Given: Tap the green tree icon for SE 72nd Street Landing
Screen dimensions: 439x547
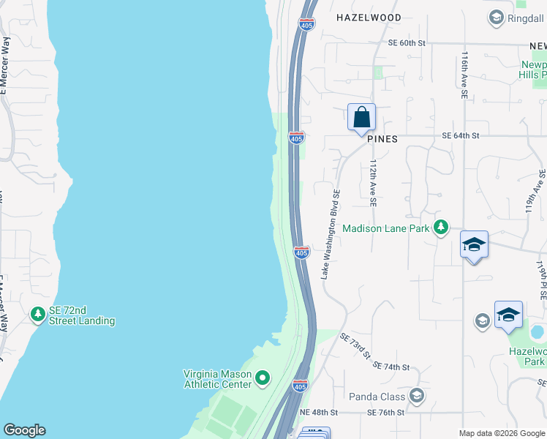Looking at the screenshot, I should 38,315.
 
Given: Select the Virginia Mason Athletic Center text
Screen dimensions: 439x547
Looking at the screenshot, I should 217,378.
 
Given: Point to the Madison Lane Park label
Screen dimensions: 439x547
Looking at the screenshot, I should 385,228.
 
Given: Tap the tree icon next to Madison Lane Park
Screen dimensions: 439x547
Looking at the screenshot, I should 440,228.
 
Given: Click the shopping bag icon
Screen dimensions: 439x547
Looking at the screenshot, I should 361,117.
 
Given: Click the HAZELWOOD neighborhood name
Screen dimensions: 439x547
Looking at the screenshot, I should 369,17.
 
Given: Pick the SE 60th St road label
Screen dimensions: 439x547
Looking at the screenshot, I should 407,43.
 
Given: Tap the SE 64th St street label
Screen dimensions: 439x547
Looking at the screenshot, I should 461,135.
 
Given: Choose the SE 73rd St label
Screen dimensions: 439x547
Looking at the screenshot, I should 356,345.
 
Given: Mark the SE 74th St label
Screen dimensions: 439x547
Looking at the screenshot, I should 391,366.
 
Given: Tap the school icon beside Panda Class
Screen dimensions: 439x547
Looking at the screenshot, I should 417,396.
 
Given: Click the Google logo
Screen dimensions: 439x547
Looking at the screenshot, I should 24,430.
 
